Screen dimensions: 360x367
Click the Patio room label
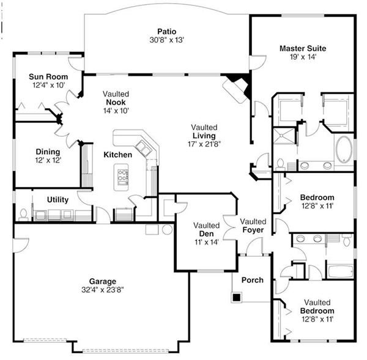click(166, 31)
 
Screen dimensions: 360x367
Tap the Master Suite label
click(303, 48)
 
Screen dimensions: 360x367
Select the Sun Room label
click(48, 77)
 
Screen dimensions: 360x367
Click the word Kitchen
click(117, 155)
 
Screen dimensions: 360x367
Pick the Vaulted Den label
click(206, 229)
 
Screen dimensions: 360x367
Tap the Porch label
click(253, 280)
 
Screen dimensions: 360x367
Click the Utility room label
click(58, 200)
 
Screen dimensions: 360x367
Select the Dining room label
click(48, 152)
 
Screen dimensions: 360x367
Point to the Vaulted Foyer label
click(252, 226)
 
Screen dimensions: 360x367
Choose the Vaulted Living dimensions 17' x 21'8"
click(204, 144)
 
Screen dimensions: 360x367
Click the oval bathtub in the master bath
click(344, 150)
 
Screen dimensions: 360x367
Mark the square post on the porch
click(236, 298)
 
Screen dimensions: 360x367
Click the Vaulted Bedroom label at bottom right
click(317, 307)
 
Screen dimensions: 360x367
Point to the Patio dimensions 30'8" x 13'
click(166, 40)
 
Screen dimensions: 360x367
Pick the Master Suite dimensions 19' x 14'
click(303, 57)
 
